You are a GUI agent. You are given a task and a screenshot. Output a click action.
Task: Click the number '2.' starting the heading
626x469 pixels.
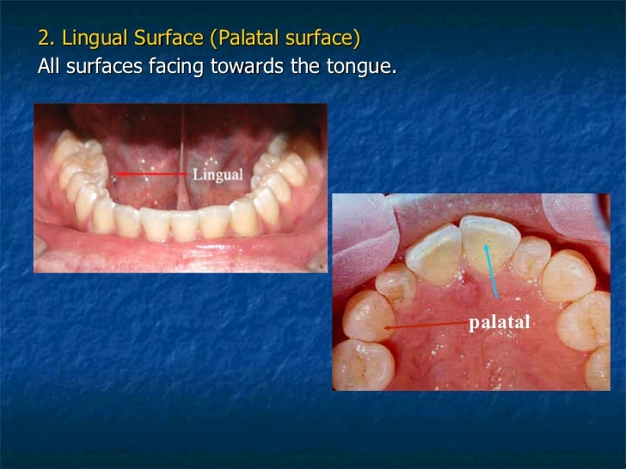(47, 40)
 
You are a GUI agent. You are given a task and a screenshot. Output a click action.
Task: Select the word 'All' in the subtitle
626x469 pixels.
(49, 66)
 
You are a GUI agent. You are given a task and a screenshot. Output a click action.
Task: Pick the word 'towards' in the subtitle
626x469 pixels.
(243, 66)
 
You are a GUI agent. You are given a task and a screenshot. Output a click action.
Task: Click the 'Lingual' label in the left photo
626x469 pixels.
(217, 174)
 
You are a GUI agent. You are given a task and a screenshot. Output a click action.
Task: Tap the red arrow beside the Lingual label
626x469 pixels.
(150, 174)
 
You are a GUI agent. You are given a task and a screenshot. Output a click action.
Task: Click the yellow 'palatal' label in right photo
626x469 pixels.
(499, 322)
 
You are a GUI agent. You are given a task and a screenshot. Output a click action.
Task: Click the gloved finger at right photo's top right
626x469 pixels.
(568, 215)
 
